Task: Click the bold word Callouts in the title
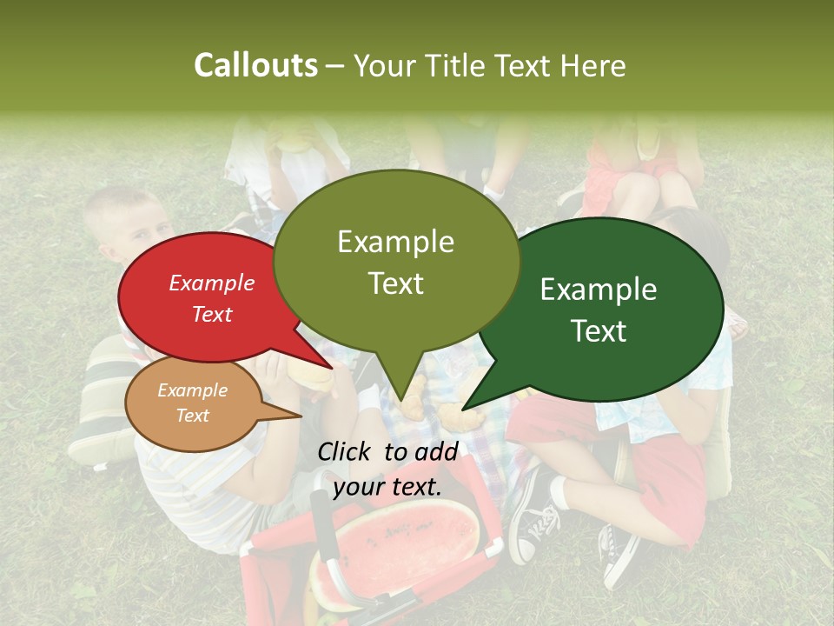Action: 255,65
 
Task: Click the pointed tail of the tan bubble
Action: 278,412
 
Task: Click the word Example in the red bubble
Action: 212,283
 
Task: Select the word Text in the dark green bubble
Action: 599,331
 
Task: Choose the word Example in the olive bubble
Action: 395,242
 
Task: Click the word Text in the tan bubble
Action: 193,416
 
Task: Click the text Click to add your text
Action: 387,469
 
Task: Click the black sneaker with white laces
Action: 533,522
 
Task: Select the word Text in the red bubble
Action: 212,314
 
